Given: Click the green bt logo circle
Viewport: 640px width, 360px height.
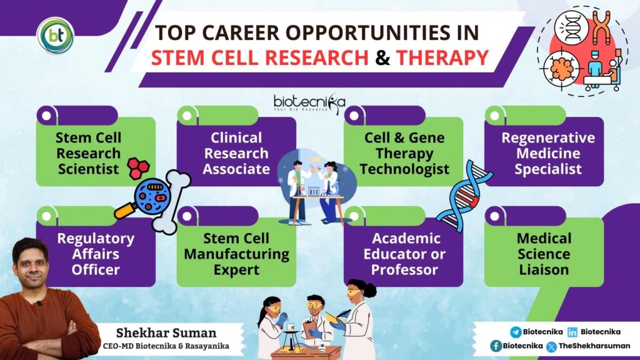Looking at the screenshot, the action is click(x=56, y=36).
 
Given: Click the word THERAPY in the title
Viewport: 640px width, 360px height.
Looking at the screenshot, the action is click(x=442, y=57).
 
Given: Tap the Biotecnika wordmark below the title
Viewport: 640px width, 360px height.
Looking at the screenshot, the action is click(x=309, y=103).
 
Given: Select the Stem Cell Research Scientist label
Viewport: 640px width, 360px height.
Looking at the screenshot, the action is click(x=89, y=153).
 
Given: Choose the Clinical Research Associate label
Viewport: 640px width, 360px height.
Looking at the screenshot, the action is click(x=236, y=153).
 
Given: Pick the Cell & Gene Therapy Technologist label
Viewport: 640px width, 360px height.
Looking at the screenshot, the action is click(x=404, y=153).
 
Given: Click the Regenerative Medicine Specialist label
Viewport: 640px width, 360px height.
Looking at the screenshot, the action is click(x=548, y=153).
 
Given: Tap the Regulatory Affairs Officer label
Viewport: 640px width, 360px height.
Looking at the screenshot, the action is click(x=96, y=254).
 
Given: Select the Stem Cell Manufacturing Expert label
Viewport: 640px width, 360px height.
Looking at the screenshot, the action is click(x=236, y=254).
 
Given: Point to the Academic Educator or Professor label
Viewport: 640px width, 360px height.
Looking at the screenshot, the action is click(x=404, y=254).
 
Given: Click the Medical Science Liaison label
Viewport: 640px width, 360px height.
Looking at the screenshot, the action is click(x=544, y=254).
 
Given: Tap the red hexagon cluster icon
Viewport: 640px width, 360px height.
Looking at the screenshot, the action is click(x=138, y=168).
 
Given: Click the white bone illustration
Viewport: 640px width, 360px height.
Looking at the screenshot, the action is click(x=171, y=202).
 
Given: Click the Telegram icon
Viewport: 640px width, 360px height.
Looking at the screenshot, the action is click(x=516, y=332).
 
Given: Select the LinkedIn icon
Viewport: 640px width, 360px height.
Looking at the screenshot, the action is click(x=572, y=332).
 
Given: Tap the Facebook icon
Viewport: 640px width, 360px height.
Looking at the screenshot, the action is click(x=496, y=346).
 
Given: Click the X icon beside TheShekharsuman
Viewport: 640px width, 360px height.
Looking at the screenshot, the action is click(x=551, y=346).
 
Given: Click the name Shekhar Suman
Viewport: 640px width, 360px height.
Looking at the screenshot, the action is click(x=166, y=332).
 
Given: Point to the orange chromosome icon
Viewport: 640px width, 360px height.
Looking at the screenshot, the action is click(x=601, y=27).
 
